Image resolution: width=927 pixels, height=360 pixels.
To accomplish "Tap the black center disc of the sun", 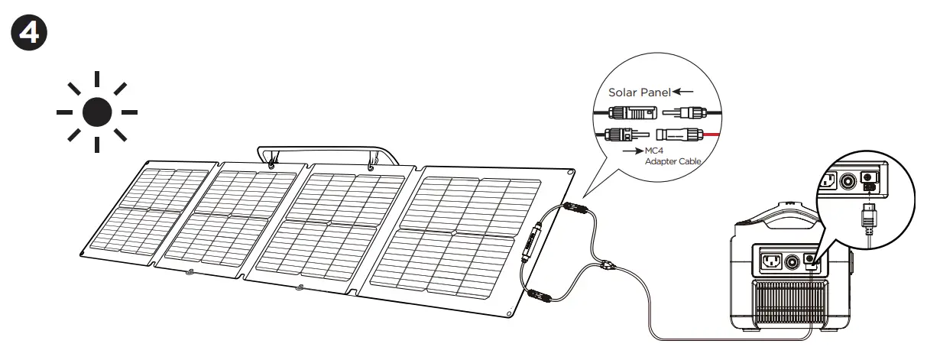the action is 97,112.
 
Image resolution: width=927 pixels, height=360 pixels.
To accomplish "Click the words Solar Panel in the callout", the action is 639,92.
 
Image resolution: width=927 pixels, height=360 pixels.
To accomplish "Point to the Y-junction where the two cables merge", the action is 605,266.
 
